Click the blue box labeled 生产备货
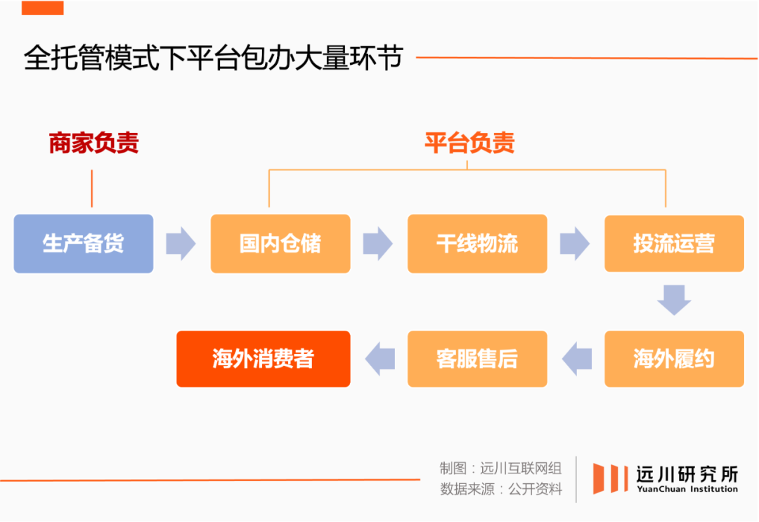click(83, 243)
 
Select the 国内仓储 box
click(280, 243)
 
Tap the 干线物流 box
click(476, 243)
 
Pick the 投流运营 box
click(673, 243)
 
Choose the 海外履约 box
click(673, 359)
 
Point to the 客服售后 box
click(476, 359)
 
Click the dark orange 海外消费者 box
click(263, 359)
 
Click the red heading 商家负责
click(93, 144)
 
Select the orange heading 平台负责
click(469, 144)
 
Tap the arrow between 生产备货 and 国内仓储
click(181, 243)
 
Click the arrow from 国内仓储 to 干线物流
click(377, 243)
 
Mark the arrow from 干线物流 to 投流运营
click(574, 243)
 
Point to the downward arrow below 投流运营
click(674, 300)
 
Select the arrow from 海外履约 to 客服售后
click(576, 359)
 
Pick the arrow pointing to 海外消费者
click(379, 359)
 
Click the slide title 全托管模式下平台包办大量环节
click(213, 58)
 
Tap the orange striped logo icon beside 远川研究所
click(610, 478)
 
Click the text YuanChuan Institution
click(687, 490)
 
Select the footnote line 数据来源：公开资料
click(501, 490)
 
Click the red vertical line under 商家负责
click(92, 188)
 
